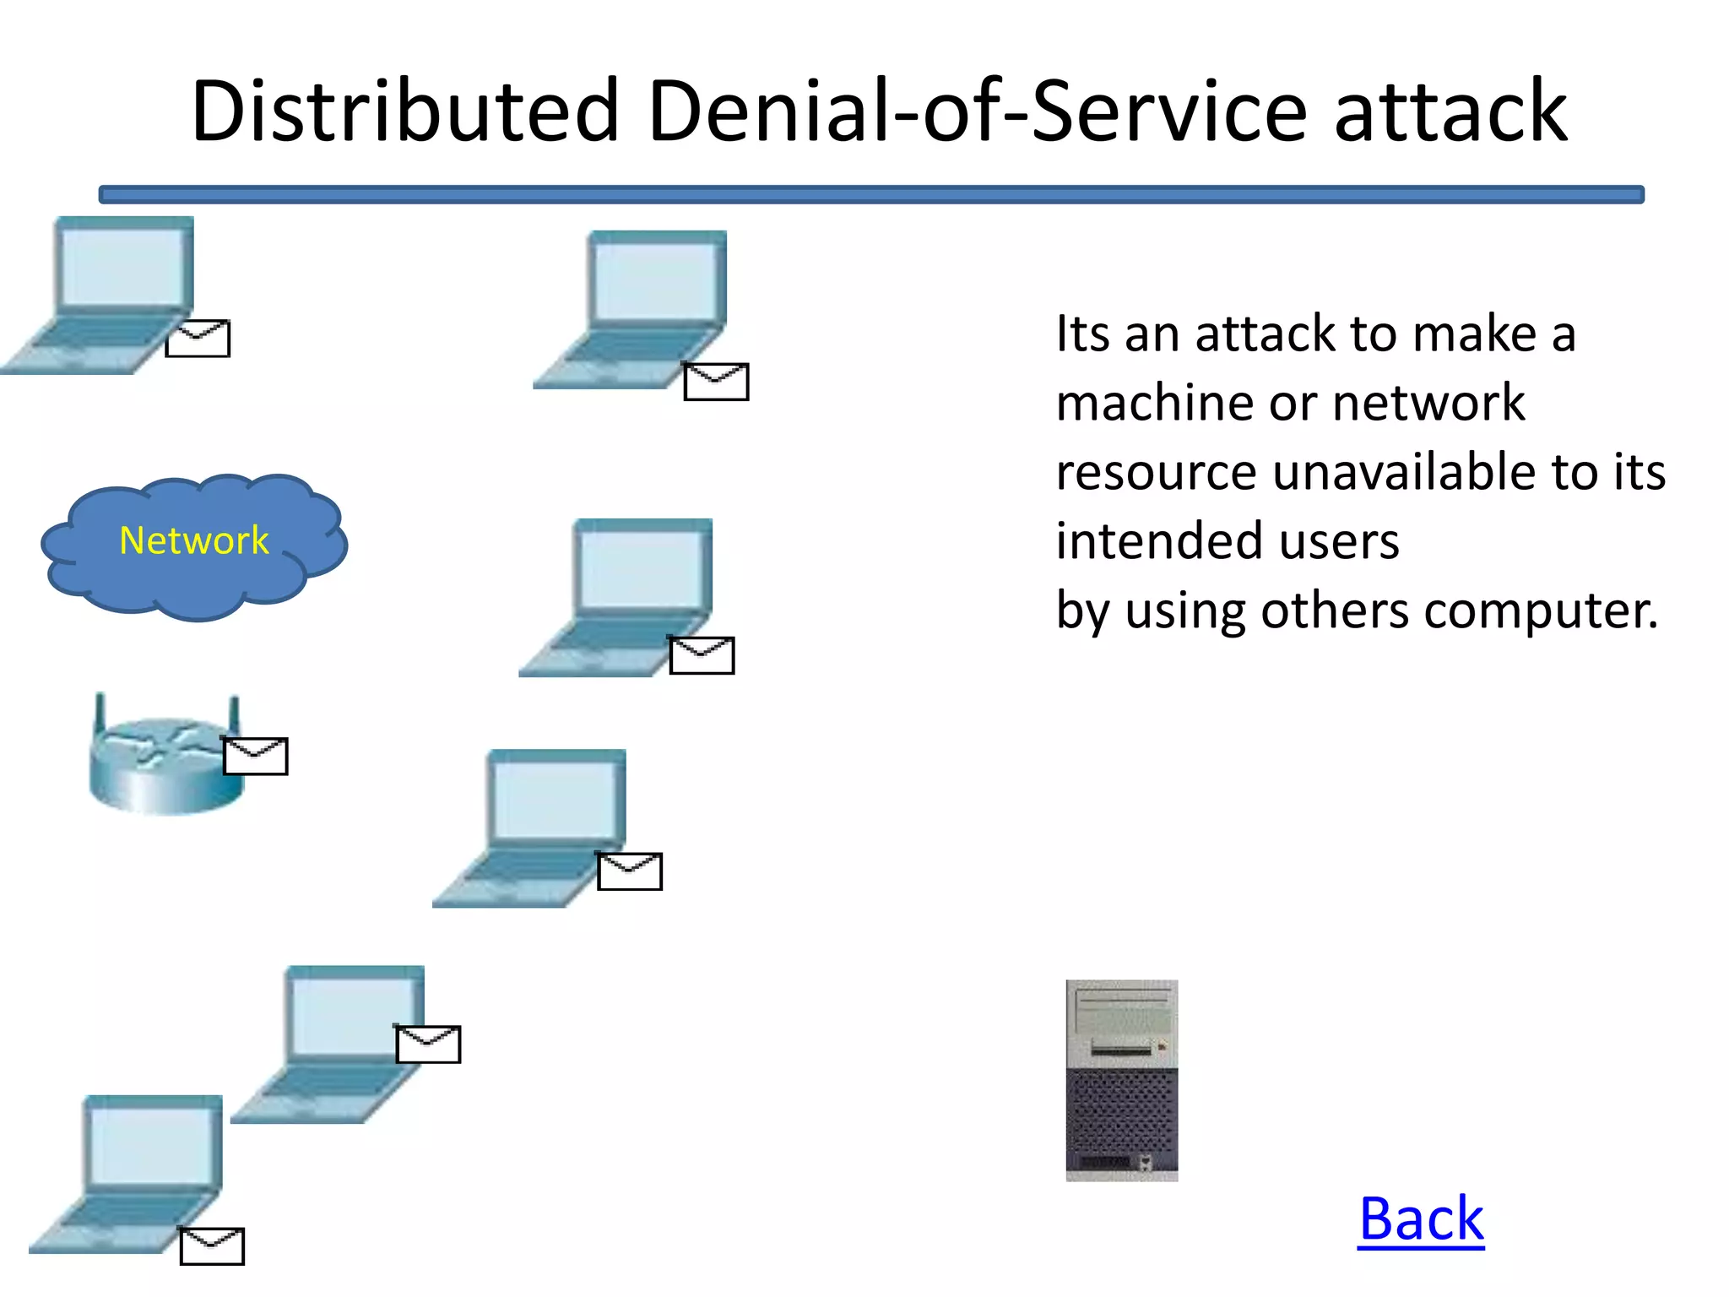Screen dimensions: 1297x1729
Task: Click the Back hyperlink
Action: [x=1421, y=1219]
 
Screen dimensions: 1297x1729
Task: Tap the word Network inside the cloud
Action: [x=193, y=540]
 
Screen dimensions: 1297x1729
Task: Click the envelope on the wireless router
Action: [x=255, y=756]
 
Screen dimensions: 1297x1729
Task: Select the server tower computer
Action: [x=1121, y=1080]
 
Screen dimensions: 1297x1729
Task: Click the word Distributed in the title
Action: [x=405, y=111]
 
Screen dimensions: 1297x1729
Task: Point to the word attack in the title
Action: [x=1450, y=111]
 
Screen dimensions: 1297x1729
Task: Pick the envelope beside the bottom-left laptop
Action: [x=212, y=1246]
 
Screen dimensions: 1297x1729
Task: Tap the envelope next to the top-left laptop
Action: [x=198, y=339]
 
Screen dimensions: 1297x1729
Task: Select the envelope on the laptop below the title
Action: [x=716, y=382]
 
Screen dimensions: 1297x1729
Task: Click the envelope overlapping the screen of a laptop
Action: [x=428, y=1045]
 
